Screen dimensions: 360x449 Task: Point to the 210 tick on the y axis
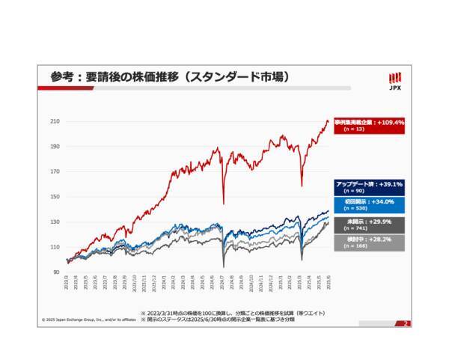(x=55, y=121)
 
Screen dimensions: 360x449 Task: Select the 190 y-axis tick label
(x=55, y=147)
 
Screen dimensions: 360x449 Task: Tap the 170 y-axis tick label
(x=55, y=171)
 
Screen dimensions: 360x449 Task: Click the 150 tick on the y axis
(x=55, y=197)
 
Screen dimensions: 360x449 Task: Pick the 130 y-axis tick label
(x=55, y=222)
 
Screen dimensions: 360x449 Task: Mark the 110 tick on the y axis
(x=55, y=247)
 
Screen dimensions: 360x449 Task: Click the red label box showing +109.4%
(x=370, y=125)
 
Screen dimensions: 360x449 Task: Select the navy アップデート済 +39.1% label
(x=370, y=187)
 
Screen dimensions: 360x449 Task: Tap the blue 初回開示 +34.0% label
(x=370, y=204)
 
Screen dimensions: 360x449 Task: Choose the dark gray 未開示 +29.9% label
(x=370, y=225)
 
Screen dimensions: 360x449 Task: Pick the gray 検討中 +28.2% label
(x=370, y=242)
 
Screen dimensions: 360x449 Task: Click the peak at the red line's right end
(x=327, y=121)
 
